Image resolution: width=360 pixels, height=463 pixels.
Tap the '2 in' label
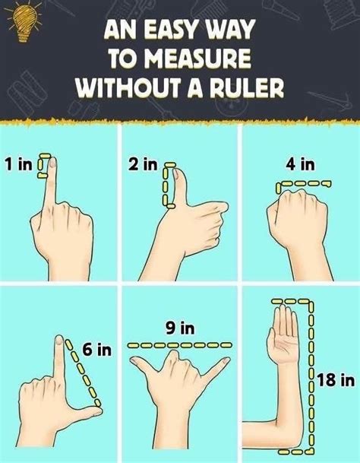[143, 163]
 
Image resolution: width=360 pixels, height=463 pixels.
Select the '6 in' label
[96, 350]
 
